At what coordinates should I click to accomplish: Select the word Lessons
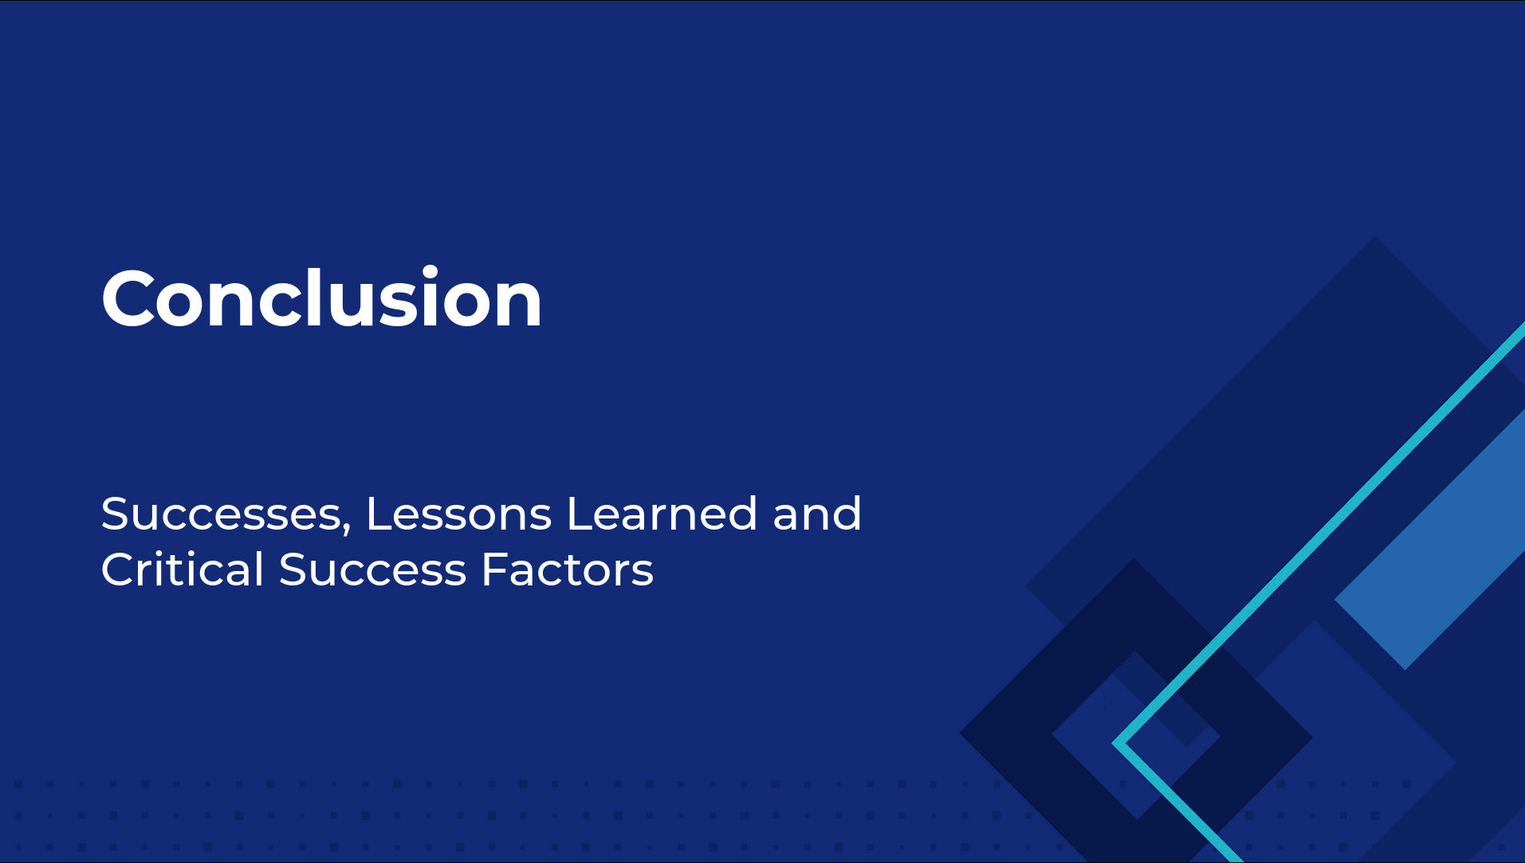point(458,514)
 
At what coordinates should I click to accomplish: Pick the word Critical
point(183,569)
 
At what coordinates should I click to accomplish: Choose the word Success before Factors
point(372,569)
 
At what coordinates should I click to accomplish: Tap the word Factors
point(568,569)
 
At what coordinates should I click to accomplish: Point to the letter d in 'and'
point(846,513)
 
